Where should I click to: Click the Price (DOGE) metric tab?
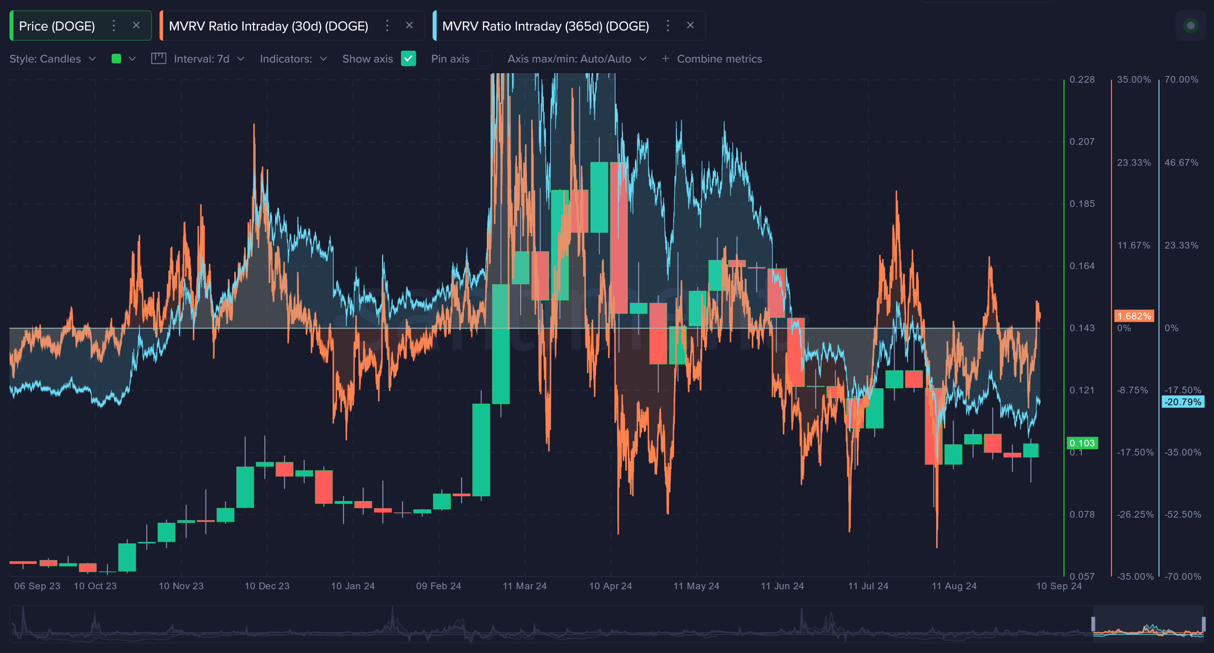pos(57,26)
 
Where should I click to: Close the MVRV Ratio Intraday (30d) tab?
pos(409,25)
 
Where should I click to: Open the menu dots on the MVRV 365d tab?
pos(667,25)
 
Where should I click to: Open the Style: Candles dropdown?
pos(52,59)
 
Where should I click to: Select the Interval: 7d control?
pos(201,59)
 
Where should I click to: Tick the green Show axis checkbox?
pos(408,59)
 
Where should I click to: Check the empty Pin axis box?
pos(484,59)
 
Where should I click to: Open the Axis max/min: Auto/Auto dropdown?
pos(576,59)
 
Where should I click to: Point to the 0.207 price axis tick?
pos(1081,141)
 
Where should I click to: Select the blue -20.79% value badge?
pos(1182,402)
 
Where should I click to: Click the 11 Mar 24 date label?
pos(524,586)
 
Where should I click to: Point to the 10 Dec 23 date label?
pos(267,586)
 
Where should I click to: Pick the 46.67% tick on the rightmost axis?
pos(1181,163)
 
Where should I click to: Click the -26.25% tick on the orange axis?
pos(1135,514)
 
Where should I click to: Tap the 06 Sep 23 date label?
pos(37,586)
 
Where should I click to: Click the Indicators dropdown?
pos(293,59)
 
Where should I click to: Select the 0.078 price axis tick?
pos(1081,514)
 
